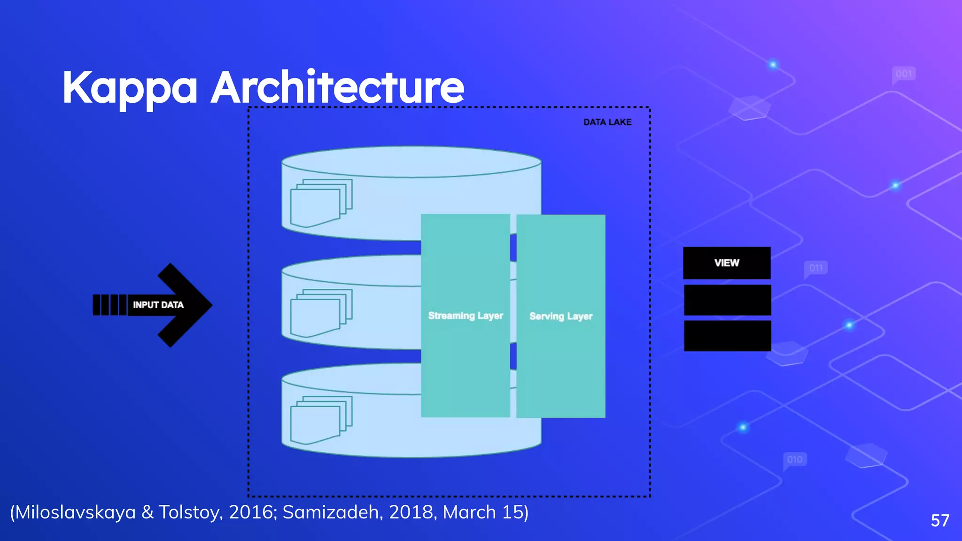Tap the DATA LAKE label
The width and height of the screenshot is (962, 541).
[607, 122]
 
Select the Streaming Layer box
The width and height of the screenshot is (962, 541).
[465, 316]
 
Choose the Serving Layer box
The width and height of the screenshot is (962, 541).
[560, 316]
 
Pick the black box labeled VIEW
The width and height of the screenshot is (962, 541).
[727, 263]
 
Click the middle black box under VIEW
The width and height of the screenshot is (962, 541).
[727, 300]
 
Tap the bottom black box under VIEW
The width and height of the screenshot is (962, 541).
[727, 336]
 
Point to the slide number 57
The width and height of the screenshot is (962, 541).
[940, 520]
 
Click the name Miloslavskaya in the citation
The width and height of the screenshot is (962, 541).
[75, 512]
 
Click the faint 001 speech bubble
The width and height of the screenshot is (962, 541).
[904, 74]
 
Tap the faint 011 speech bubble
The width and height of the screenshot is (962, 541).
[816, 269]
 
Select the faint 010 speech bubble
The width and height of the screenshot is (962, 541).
[795, 459]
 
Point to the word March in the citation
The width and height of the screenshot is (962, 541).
[469, 512]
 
